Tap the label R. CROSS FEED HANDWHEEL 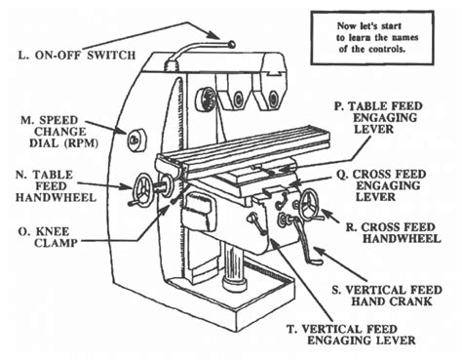click(396, 232)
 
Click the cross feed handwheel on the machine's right click(311, 204)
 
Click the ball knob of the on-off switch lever click(233, 42)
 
